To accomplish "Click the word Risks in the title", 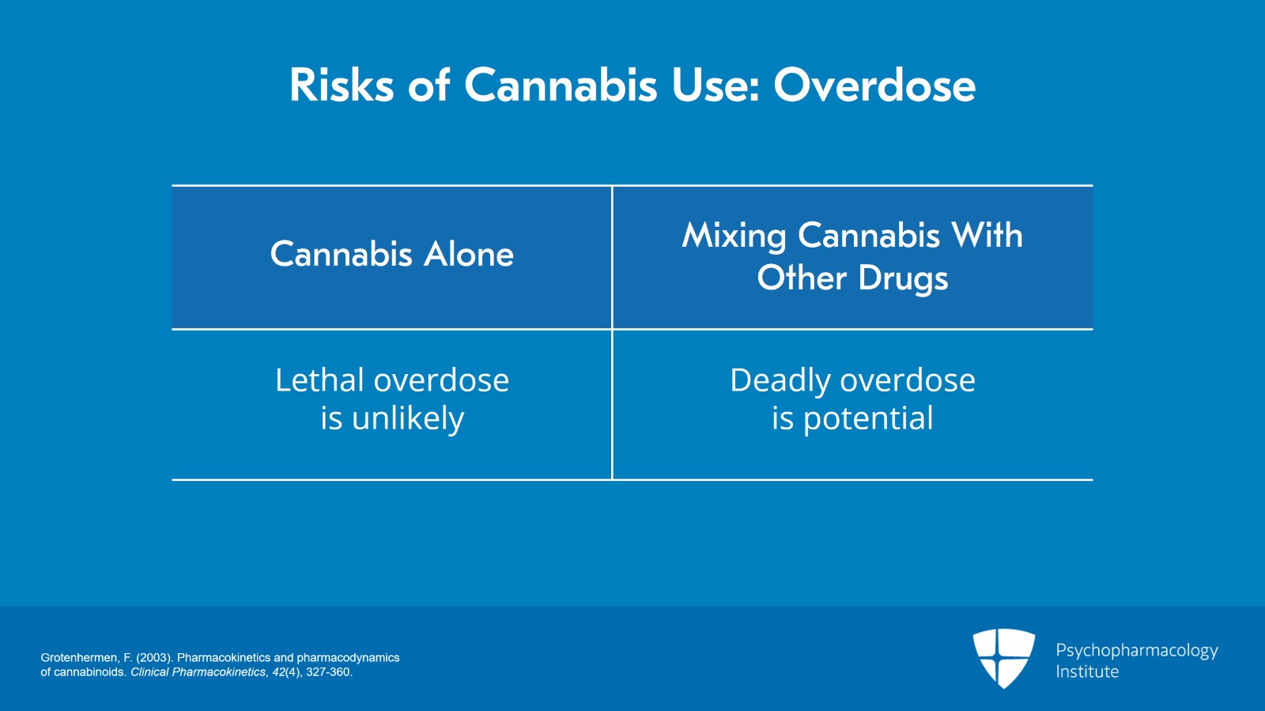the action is tap(341, 85).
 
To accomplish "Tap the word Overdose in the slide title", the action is tap(874, 85).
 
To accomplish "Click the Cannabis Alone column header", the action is tap(392, 254).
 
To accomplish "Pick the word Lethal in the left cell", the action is tap(319, 380).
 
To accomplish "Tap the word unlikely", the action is tap(408, 418).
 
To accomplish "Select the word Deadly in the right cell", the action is tap(780, 380).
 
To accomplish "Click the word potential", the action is tap(868, 419).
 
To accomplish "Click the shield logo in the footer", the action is tap(1003, 658).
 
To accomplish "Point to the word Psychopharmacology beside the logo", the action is tap(1137, 651).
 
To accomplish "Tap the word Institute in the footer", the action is tap(1087, 671).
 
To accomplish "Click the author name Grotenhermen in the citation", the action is tap(80, 658).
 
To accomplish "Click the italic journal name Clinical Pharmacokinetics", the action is tap(198, 672).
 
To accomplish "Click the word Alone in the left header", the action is tap(469, 254).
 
